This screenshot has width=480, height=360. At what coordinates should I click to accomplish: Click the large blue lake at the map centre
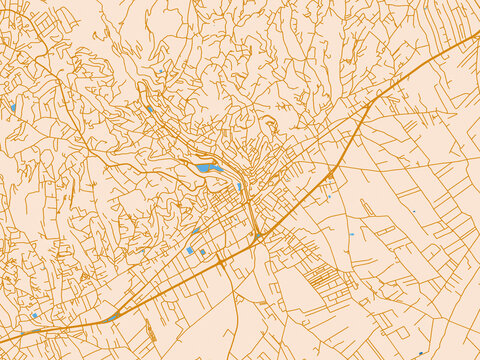(x=208, y=168)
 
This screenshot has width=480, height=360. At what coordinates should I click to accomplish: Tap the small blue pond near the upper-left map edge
(x=13, y=107)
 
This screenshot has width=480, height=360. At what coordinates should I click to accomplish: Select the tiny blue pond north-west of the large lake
(x=150, y=108)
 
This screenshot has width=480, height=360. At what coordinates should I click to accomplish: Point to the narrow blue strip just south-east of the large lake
(x=239, y=185)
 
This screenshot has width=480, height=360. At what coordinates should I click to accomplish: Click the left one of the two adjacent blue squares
(x=190, y=250)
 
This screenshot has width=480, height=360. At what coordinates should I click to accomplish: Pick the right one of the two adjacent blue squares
(x=203, y=252)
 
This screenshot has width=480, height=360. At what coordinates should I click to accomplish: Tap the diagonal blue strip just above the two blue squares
(x=196, y=230)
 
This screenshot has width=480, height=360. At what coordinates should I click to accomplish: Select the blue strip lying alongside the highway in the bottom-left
(x=113, y=317)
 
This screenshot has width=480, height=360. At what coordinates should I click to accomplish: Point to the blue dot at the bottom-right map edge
(x=421, y=353)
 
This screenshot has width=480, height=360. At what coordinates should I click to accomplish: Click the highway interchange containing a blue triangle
(x=330, y=175)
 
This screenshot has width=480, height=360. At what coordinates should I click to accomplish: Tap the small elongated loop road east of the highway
(x=366, y=208)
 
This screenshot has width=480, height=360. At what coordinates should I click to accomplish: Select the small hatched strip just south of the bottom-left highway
(x=150, y=329)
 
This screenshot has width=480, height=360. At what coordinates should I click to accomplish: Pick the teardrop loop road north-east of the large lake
(x=270, y=125)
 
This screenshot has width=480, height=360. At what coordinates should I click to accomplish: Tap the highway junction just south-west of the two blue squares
(x=219, y=261)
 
